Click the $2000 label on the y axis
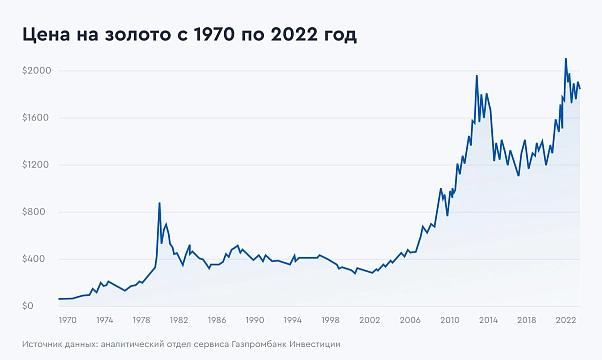point(37,71)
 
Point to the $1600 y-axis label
point(37,118)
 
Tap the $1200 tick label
point(37,165)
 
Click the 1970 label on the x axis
point(67,320)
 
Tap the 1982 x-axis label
point(180,320)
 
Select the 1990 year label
point(255,320)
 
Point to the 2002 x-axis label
point(368,320)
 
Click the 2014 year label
point(489,320)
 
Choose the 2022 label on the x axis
point(565,320)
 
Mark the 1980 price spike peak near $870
point(160,203)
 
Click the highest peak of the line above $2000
point(566,58)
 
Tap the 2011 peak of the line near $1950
point(477,76)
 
